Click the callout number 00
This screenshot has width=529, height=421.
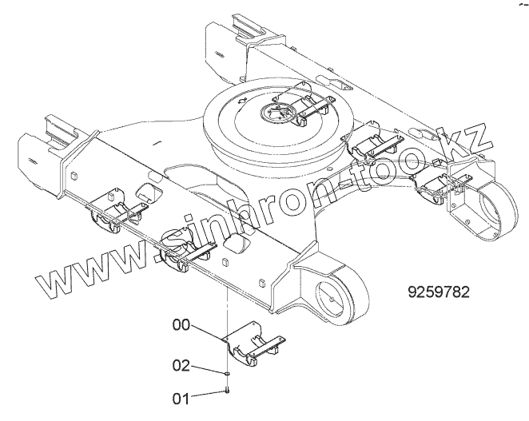(183, 325)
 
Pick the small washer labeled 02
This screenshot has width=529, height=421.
(228, 372)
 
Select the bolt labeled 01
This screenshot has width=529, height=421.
(229, 390)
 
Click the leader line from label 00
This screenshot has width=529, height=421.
(209, 332)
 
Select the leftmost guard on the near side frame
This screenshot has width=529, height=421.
(113, 212)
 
